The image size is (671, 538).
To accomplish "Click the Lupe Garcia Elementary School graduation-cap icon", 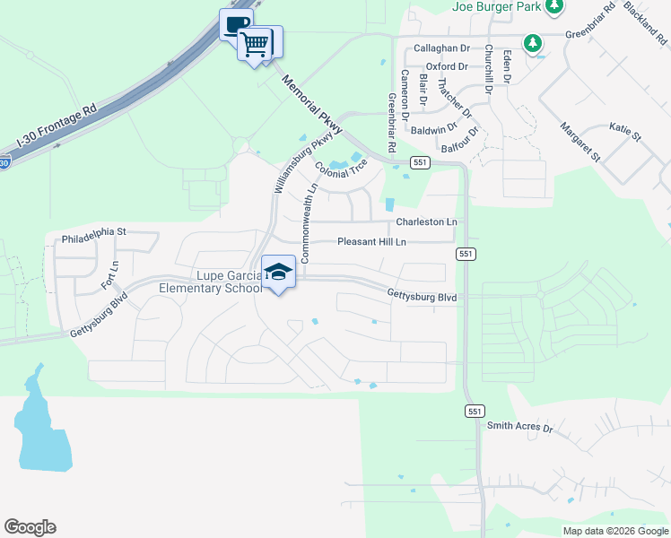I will click(279, 272).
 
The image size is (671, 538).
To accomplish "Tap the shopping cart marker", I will click(256, 43).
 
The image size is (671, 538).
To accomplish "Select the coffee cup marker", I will click(236, 24).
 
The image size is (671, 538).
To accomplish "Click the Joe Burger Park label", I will click(495, 7).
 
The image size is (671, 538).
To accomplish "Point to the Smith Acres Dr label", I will click(519, 427).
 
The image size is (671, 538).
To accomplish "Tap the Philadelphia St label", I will click(94, 231).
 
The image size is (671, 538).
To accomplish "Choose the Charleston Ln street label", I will click(426, 221).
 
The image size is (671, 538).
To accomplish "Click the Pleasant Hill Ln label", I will click(371, 242).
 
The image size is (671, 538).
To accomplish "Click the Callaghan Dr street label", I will click(440, 48).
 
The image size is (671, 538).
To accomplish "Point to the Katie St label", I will click(625, 133).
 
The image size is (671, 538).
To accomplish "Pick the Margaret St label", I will click(580, 143).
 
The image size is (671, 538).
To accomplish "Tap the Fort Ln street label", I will click(109, 275).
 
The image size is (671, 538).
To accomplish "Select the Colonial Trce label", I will click(342, 167).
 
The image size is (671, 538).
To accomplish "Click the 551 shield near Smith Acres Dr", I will click(475, 410).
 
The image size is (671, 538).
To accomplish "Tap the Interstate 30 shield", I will click(4, 163).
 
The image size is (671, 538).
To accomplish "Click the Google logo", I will click(30, 527).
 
